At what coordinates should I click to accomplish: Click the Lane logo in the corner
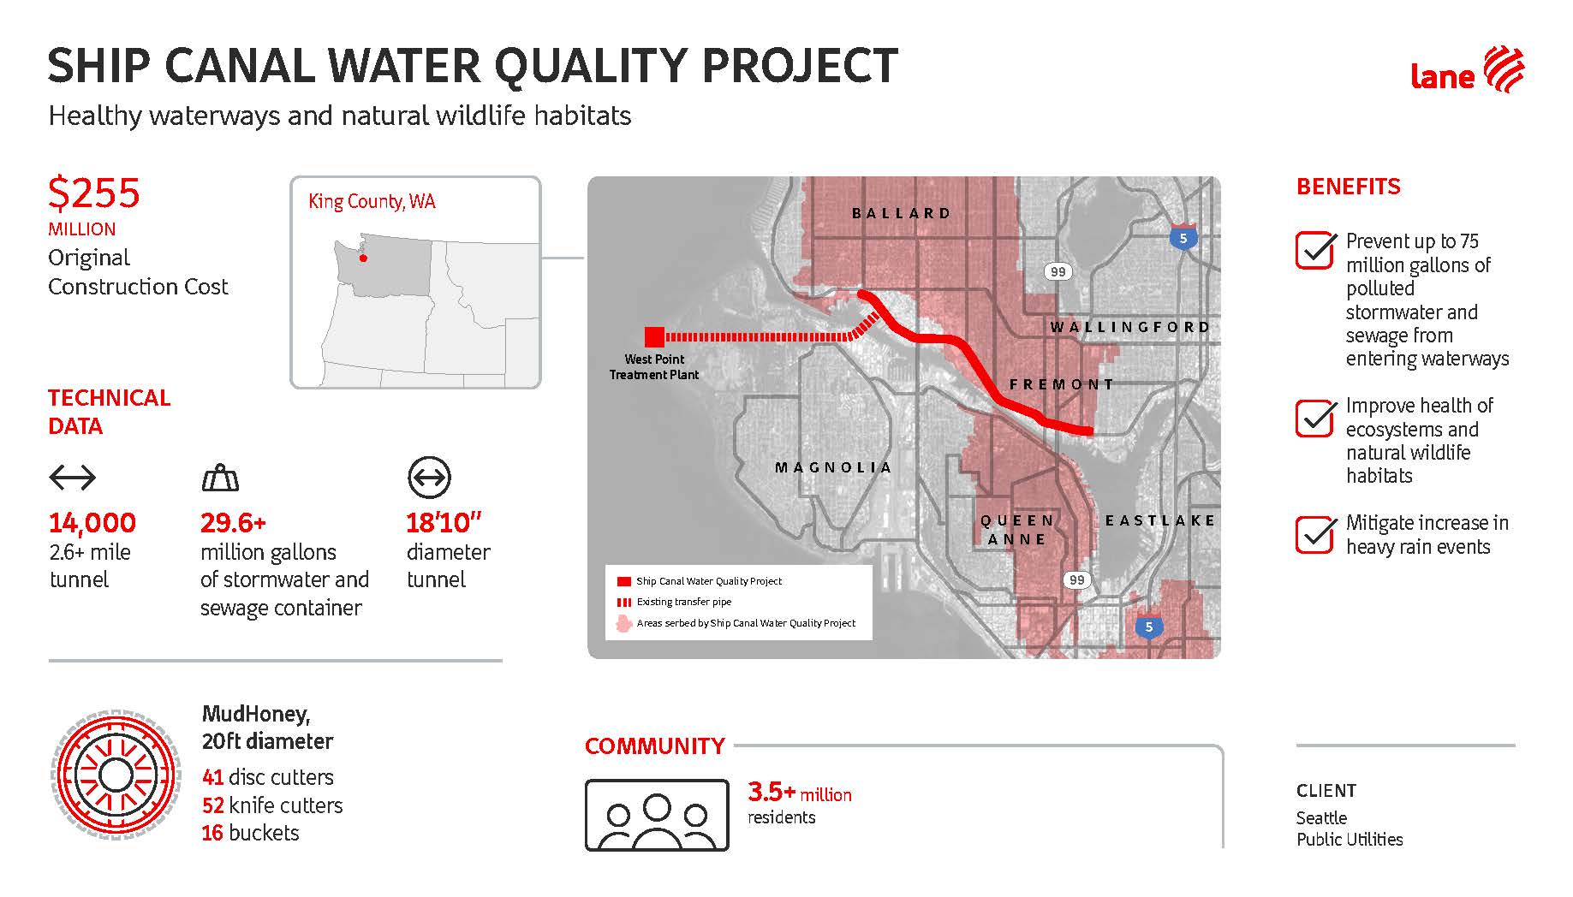pos(1467,70)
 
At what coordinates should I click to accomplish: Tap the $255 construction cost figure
pos(94,193)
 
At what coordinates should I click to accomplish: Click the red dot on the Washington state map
pos(362,258)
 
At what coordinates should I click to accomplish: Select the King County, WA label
pos(372,202)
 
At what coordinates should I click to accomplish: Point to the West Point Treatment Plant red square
pos(654,336)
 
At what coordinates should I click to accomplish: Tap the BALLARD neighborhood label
pos(902,213)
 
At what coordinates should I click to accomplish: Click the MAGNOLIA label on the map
pos(833,467)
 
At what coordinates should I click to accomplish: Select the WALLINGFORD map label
pos(1130,327)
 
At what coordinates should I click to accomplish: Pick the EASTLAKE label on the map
pos(1160,520)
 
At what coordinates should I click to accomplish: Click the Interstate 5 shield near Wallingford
pos(1183,237)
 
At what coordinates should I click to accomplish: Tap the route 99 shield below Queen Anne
pos(1077,579)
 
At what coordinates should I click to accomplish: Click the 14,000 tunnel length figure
pos(92,522)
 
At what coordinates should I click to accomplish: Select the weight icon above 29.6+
pos(220,478)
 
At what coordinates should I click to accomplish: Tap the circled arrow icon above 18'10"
pos(429,478)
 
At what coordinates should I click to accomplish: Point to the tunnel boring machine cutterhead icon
pos(115,775)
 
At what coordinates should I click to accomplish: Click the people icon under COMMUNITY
pos(657,815)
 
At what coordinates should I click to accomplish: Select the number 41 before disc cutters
pos(213,777)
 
